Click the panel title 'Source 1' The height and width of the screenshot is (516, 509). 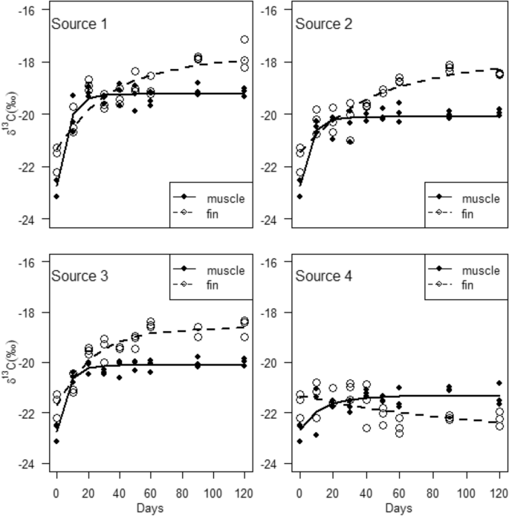tap(79, 24)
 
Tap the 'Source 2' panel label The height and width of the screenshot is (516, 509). tap(324, 24)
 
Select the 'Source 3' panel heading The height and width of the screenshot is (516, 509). tap(79, 276)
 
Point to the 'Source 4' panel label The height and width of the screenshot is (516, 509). tap(324, 276)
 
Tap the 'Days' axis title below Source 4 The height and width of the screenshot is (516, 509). tap(395, 508)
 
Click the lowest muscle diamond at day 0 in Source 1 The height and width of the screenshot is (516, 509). tap(56, 196)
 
